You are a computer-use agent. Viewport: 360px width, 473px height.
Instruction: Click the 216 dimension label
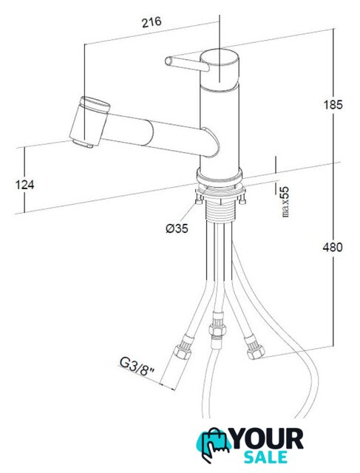[x=152, y=21]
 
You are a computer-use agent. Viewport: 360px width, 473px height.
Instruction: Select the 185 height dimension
[x=333, y=105]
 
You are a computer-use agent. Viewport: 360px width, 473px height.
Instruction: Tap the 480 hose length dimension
[x=333, y=248]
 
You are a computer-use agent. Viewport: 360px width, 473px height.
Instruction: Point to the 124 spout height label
[x=24, y=184]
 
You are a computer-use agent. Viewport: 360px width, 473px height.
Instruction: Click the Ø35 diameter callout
[x=177, y=228]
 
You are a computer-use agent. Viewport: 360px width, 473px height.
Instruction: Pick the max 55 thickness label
[x=285, y=202]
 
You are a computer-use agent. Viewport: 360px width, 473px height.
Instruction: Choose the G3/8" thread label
[x=137, y=367]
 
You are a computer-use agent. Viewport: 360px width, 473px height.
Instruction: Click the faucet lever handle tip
[x=169, y=61]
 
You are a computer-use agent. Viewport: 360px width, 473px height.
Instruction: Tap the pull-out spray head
[x=90, y=123]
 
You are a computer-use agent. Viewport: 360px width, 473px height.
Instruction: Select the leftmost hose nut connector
[x=183, y=349]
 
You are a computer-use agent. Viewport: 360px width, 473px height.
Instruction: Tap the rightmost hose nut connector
[x=254, y=348]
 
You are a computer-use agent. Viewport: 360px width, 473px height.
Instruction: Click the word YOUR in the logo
[x=268, y=439]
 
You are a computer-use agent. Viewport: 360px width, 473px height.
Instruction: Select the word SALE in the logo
[x=265, y=457]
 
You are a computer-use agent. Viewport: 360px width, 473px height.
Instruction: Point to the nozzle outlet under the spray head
[x=82, y=143]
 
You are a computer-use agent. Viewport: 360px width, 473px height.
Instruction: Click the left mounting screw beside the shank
[x=199, y=199]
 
